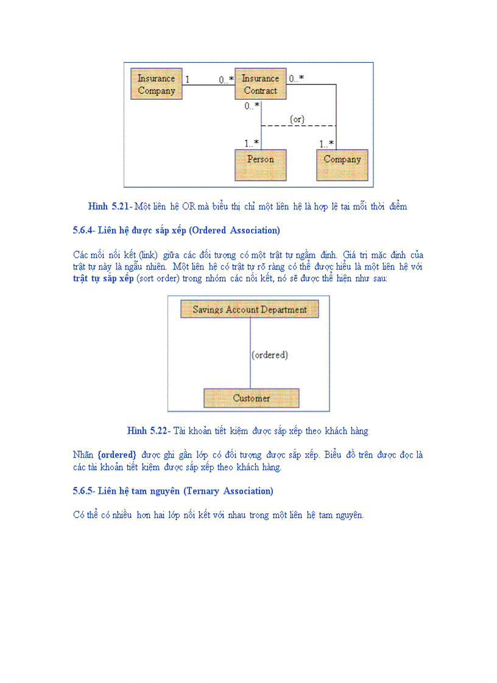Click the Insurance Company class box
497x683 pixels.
coord(157,84)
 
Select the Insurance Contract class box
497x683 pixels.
coord(260,84)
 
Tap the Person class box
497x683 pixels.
coord(260,159)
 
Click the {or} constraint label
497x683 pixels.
coord(297,119)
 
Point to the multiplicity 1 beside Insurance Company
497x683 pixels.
coord(188,79)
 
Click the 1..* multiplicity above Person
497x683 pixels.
coord(252,144)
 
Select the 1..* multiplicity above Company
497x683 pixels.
coord(326,144)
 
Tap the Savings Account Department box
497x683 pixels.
coord(250,310)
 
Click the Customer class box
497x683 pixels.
coord(251,398)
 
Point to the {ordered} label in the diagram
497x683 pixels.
coord(270,355)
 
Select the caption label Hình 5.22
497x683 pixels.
coord(148,431)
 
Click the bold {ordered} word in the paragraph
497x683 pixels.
coord(116,455)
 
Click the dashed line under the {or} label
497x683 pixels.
coord(298,126)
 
